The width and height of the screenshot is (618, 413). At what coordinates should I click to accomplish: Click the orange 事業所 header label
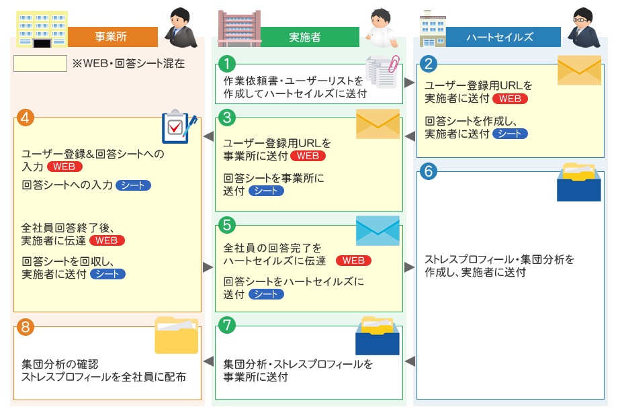[112, 36]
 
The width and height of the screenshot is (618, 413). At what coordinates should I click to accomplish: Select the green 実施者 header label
[304, 37]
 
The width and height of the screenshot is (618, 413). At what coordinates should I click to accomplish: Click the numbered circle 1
[228, 64]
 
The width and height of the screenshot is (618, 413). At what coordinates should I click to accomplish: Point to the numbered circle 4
[26, 117]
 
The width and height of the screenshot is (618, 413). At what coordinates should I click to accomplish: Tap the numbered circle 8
[26, 327]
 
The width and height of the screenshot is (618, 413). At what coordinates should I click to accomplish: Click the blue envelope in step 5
[378, 231]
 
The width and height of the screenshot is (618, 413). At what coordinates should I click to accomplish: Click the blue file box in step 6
[579, 182]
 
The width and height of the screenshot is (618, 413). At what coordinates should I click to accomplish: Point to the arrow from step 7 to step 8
[208, 361]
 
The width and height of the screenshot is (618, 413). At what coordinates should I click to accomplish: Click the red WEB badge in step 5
[353, 261]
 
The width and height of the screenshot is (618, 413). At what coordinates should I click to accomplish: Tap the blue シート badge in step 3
[266, 191]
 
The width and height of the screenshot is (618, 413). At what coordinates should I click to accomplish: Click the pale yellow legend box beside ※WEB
[40, 64]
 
